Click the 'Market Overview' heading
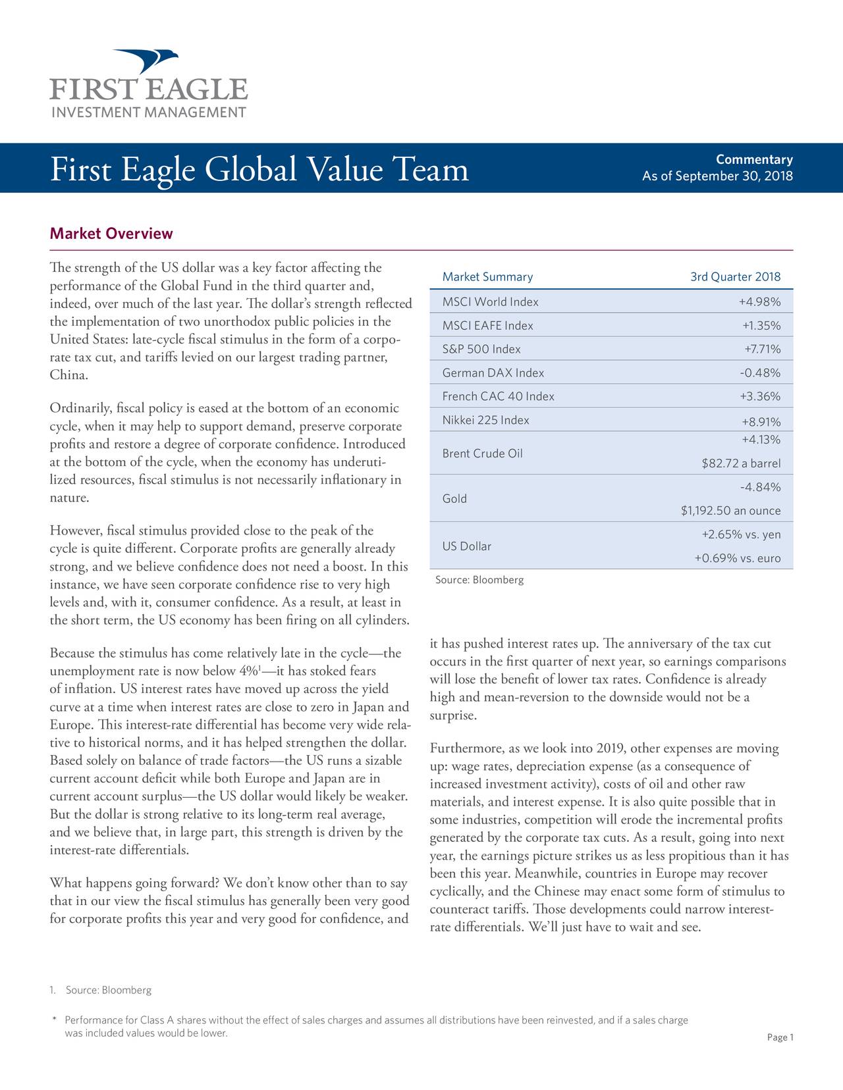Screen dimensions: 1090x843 (111, 234)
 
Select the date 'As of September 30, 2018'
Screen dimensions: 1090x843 (717, 176)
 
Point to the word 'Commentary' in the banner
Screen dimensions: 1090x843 (754, 160)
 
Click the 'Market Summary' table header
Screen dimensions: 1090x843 (487, 277)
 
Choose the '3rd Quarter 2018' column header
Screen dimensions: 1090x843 (735, 277)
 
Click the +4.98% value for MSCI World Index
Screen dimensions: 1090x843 (759, 302)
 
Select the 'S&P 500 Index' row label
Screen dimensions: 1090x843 (481, 350)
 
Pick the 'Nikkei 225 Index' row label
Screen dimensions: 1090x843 (486, 421)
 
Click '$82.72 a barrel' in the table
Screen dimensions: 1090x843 (741, 463)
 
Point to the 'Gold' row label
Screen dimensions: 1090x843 (454, 499)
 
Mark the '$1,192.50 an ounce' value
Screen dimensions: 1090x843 (730, 511)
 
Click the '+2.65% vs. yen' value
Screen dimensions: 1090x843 (741, 534)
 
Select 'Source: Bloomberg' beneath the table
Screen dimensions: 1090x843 (479, 580)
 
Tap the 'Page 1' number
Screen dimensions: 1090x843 (780, 1038)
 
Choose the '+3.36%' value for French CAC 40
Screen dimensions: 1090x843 (759, 397)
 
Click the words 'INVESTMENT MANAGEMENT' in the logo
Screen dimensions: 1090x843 (149, 112)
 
